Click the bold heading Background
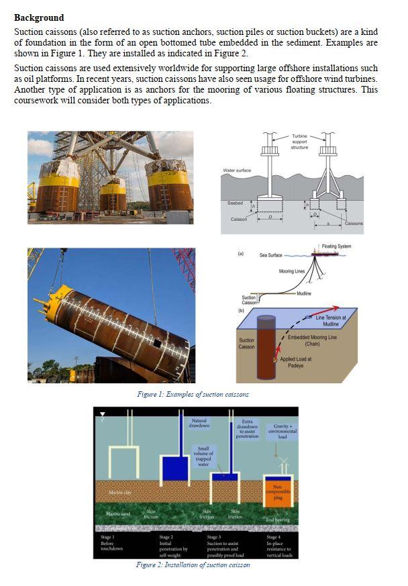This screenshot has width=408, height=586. tap(39, 17)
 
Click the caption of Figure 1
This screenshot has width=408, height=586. tap(193, 394)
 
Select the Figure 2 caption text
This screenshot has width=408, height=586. tap(193, 565)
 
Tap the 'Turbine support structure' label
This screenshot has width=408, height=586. tap(299, 142)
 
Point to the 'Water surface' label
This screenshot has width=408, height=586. tap(237, 170)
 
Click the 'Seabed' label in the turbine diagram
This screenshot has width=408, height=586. tap(235, 202)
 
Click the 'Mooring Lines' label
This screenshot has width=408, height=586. tap(292, 271)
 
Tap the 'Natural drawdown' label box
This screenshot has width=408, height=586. tap(199, 422)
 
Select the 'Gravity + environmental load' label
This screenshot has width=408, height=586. tap(283, 432)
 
